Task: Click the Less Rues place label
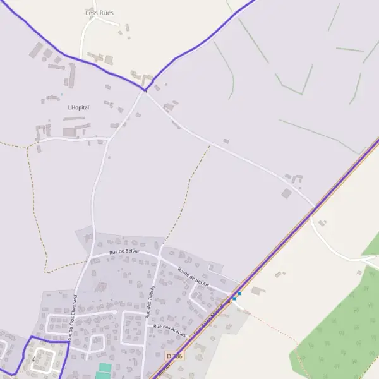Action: coord(99,13)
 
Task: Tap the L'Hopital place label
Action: coord(78,107)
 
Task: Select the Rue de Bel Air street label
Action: coord(124,251)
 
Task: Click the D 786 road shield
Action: coord(174,357)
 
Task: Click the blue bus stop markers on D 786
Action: coord(236,296)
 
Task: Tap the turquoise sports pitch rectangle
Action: coord(105,367)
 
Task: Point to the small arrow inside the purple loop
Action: coord(33,361)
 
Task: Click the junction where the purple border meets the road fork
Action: coord(145,90)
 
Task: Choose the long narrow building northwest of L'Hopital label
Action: coord(72,75)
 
